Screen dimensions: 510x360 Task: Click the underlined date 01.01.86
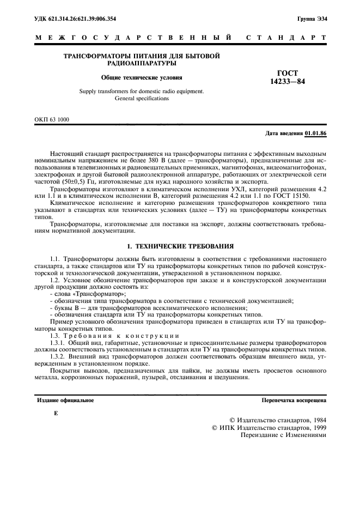[x=315, y=133]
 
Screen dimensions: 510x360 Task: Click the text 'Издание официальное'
[x=65, y=400]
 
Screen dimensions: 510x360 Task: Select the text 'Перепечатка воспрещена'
[x=294, y=400]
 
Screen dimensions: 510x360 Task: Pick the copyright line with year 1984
[x=278, y=421]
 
